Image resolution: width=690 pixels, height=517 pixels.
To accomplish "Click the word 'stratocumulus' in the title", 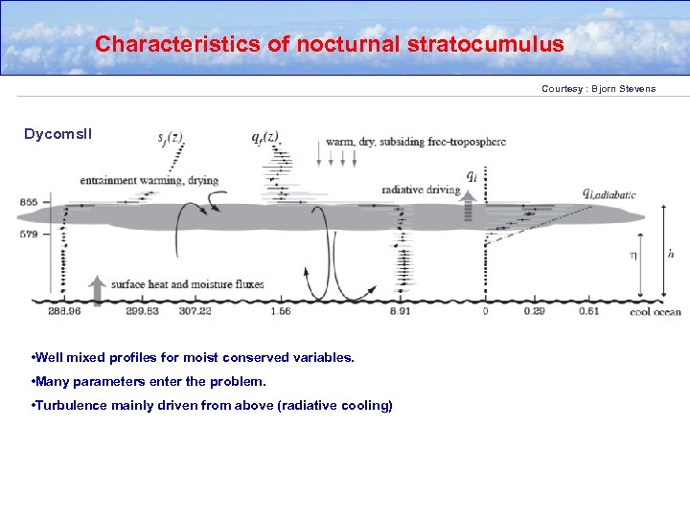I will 486,44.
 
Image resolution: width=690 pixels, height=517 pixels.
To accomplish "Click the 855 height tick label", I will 28,202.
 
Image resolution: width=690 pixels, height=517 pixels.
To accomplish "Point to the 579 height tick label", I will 28,234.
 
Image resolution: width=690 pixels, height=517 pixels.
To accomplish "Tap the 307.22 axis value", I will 195,311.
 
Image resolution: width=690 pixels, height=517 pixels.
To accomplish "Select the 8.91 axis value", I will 401,311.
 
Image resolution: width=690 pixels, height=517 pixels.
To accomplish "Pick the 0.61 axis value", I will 588,311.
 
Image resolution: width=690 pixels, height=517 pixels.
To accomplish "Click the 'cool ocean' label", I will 655,311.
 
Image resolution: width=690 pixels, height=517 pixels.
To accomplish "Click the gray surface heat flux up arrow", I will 96,289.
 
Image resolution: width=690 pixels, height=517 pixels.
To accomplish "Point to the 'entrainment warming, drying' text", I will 149,180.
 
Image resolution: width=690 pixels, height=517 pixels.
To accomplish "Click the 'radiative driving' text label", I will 421,190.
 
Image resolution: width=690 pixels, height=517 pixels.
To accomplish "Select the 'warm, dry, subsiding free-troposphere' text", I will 416,142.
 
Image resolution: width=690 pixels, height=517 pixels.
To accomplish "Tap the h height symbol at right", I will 670,254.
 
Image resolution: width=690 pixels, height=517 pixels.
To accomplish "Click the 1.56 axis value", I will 281,311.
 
